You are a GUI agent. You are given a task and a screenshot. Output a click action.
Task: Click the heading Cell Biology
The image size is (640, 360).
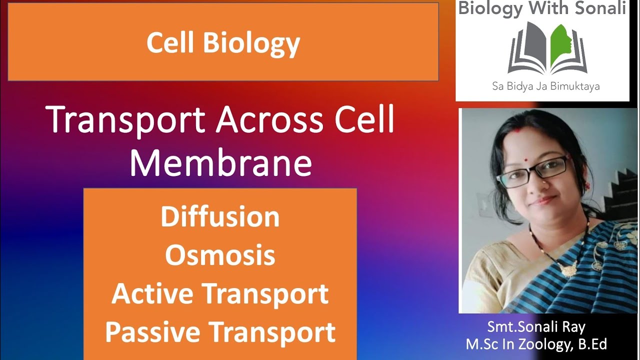[223, 43]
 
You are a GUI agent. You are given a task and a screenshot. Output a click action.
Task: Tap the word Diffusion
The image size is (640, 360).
[220, 217]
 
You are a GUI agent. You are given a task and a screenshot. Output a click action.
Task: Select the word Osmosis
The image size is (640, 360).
[220, 255]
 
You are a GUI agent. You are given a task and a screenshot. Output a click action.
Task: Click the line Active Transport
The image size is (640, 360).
[220, 294]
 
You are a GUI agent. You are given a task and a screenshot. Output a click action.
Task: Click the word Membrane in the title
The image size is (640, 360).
[220, 162]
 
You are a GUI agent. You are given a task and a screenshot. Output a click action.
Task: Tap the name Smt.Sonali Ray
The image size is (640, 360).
[536, 327]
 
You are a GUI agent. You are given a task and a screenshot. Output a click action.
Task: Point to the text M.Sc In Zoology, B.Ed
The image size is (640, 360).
[536, 344]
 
